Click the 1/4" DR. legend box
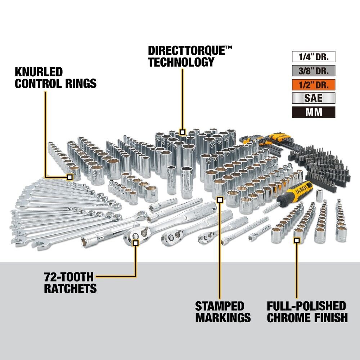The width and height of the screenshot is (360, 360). [313, 57]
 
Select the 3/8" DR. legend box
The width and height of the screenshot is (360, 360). [313, 71]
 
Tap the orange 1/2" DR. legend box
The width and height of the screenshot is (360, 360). [313, 85]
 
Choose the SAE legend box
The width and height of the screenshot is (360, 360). [313, 98]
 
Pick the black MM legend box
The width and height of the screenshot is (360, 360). [313, 112]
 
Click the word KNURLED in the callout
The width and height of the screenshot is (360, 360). [39, 71]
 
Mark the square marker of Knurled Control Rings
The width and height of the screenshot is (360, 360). [69, 177]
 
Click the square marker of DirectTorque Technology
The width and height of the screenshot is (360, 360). [183, 132]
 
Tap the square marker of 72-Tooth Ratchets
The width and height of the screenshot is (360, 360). [136, 243]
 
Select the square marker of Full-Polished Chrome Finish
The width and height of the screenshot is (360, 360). [297, 240]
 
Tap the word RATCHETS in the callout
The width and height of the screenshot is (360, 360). [71, 288]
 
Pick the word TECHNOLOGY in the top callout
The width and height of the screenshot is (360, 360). [181, 62]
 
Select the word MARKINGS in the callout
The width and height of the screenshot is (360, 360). [223, 318]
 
